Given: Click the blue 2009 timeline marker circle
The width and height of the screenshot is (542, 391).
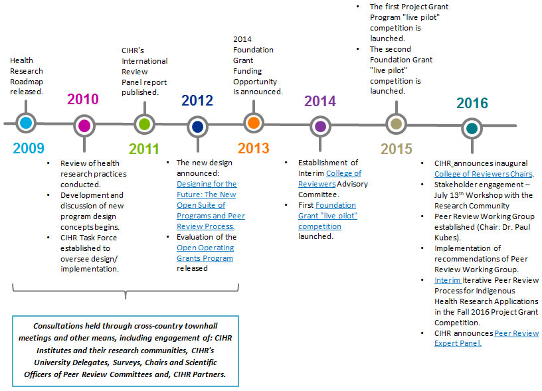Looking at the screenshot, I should click(26, 123).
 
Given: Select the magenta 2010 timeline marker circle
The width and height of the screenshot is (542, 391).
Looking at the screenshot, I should click(84, 125).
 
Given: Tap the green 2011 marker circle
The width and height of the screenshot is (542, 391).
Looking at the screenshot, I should click(144, 123).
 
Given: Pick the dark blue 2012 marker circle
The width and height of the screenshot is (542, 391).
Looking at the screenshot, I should click(197, 126).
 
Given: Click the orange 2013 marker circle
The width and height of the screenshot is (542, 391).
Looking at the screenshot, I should click(252, 123).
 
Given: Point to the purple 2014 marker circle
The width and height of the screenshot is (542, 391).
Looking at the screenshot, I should click(320, 125).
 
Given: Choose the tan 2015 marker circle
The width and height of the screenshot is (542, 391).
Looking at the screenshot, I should click(397, 123).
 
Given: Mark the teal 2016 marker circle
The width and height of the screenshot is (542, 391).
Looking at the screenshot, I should click(472, 128).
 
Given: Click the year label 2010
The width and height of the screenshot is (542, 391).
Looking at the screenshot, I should click(83, 100).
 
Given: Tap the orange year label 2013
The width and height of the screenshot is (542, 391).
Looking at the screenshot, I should click(254, 148).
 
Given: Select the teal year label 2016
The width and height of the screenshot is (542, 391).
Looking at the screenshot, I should click(472, 104).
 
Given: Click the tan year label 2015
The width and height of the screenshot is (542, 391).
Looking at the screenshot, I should click(397, 149).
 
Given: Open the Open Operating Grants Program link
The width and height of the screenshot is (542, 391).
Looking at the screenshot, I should click(205, 253).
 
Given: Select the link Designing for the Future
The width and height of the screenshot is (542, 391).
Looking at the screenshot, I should click(206, 183).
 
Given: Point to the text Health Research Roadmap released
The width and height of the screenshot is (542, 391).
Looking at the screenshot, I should click(27, 76).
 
